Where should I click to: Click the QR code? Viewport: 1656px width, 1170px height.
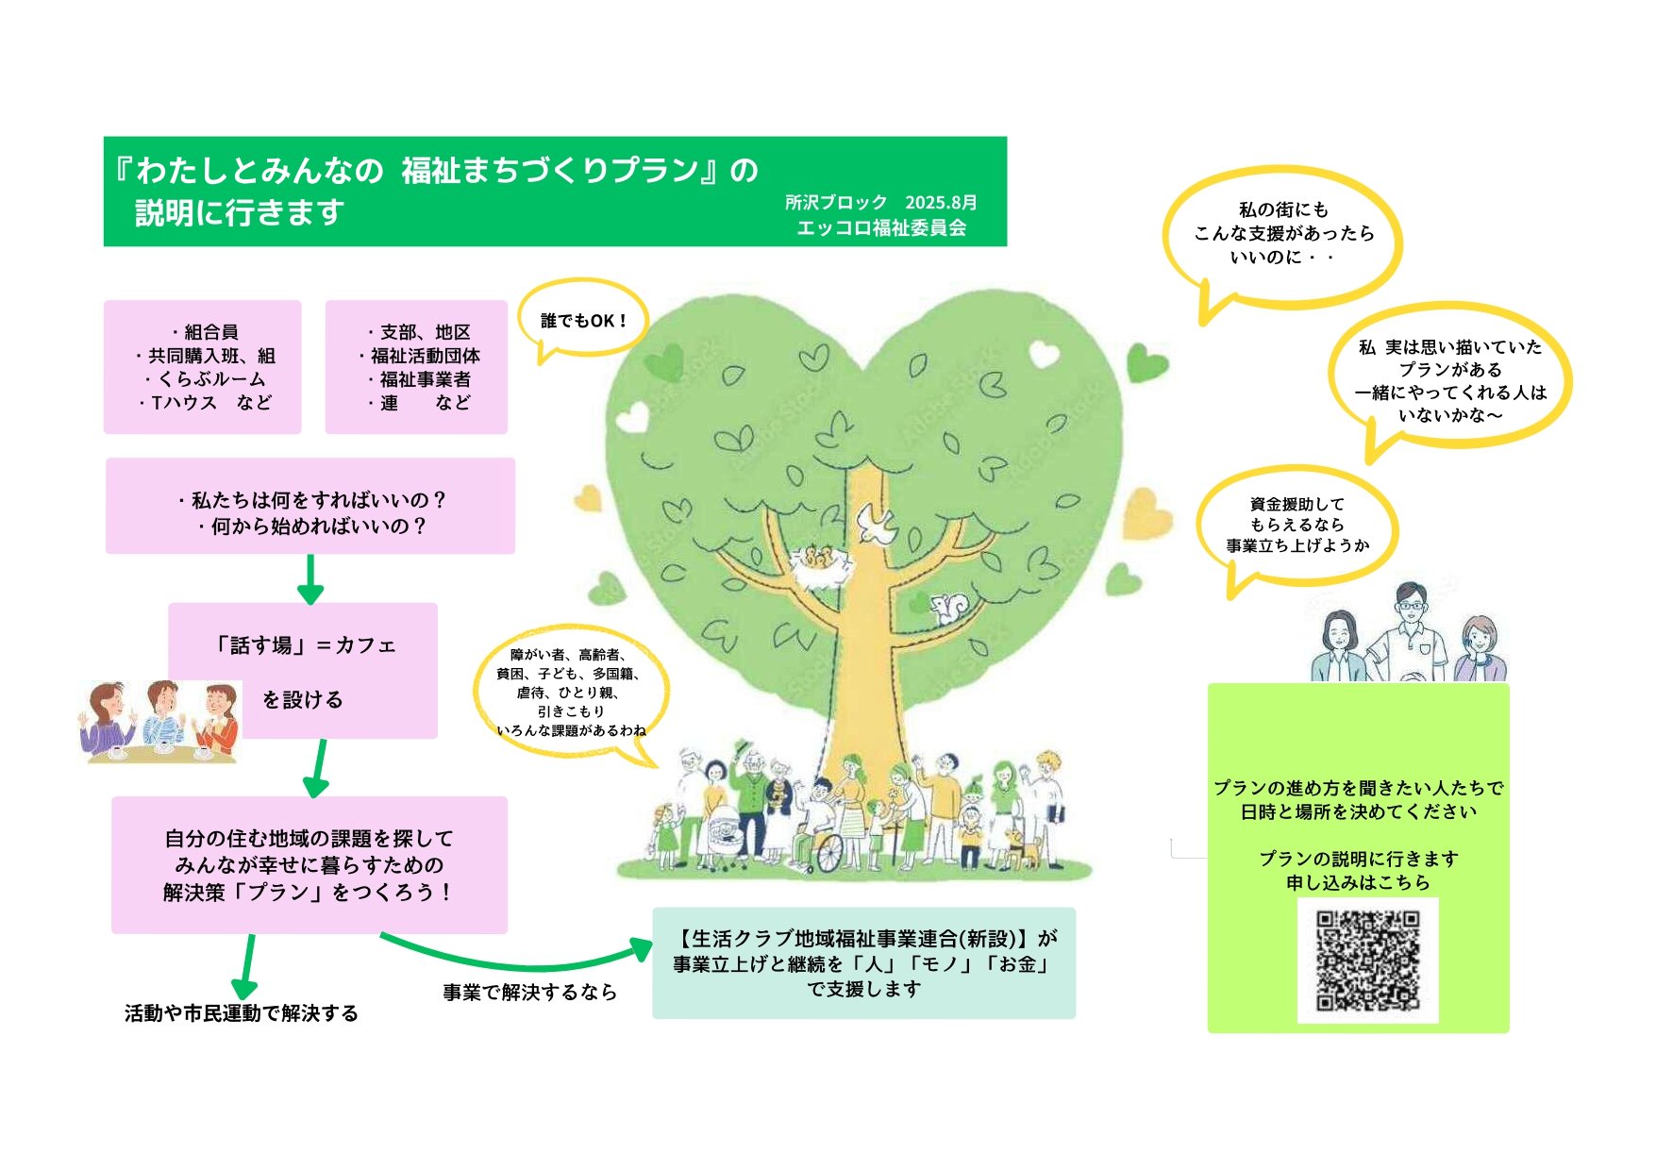[x=1367, y=960]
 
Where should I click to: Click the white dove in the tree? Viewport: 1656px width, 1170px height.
[x=876, y=525]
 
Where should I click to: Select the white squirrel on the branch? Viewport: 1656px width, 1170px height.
[x=946, y=609]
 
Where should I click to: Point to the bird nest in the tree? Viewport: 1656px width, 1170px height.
[x=817, y=563]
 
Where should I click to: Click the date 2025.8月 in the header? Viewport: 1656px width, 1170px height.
[x=941, y=202]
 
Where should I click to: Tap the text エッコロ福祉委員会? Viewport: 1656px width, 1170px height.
[x=880, y=227]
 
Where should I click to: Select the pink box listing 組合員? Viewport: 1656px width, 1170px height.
[x=202, y=367]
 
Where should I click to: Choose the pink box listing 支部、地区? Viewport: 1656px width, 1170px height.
[x=416, y=367]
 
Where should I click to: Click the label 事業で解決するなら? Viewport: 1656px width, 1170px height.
[x=529, y=992]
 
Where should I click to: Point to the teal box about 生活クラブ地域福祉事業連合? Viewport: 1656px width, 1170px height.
[x=863, y=963]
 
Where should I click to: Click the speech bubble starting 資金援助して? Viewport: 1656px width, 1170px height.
[x=1296, y=525]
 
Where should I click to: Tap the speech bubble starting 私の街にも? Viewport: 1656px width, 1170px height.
[x=1282, y=233]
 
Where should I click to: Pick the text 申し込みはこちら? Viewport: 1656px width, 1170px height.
[x=1358, y=882]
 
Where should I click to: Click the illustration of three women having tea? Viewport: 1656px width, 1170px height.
[x=160, y=721]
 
